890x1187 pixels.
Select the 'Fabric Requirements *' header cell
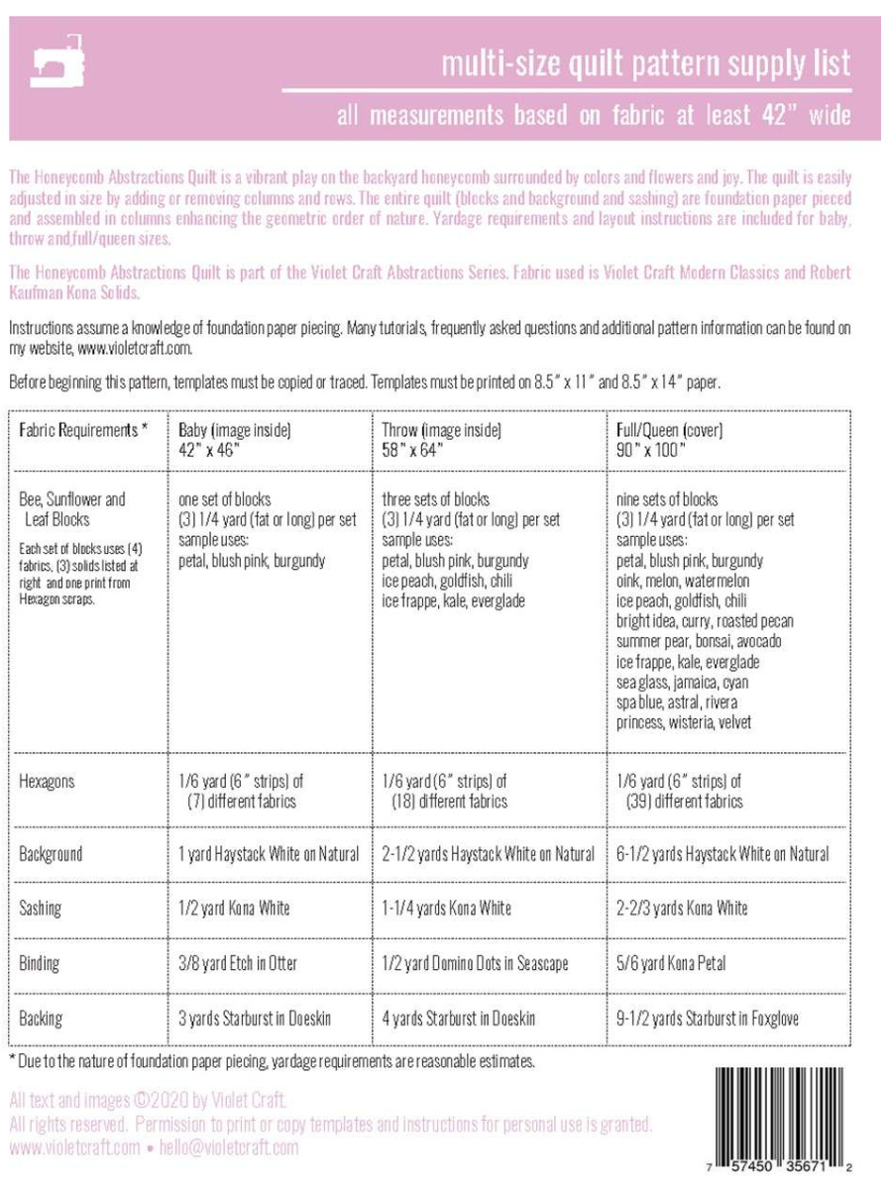tap(82, 430)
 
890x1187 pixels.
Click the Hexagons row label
tap(47, 782)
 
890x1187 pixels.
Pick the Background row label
tap(51, 853)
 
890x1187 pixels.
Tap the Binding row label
tap(40, 962)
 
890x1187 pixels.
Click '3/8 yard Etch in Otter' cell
tap(238, 962)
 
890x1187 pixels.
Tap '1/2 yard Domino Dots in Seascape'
tap(476, 962)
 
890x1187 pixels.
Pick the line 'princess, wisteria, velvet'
tap(684, 722)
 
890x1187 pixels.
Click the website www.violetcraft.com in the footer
tap(74, 1148)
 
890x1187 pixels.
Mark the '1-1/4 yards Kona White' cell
tap(447, 909)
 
